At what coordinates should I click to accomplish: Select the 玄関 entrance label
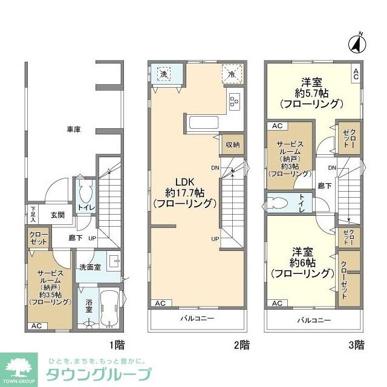tap(58, 214)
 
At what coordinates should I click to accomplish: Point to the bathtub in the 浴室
tap(110, 308)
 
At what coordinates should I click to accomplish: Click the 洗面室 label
tap(89, 267)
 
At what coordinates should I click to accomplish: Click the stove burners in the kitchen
tap(234, 102)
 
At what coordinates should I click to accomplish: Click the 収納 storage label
tap(233, 145)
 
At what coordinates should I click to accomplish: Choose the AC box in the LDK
tap(160, 304)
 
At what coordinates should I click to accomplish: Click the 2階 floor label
tap(241, 345)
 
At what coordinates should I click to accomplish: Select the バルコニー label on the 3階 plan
tap(313, 319)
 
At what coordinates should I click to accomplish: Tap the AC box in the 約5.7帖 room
tap(356, 74)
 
